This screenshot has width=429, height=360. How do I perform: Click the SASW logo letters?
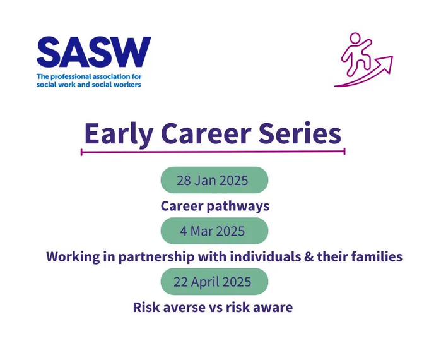(94, 52)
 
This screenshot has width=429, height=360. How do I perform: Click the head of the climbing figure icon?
(355, 39)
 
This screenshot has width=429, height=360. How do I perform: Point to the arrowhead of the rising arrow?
(385, 63)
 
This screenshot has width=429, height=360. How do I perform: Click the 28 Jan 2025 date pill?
(214, 180)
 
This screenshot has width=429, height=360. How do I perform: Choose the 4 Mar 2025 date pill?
(214, 231)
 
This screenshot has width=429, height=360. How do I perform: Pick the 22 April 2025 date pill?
(214, 282)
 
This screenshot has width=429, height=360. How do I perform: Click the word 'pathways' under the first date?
(238, 207)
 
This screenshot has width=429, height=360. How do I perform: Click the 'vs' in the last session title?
(216, 308)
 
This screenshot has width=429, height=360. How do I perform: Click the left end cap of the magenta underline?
(81, 152)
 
